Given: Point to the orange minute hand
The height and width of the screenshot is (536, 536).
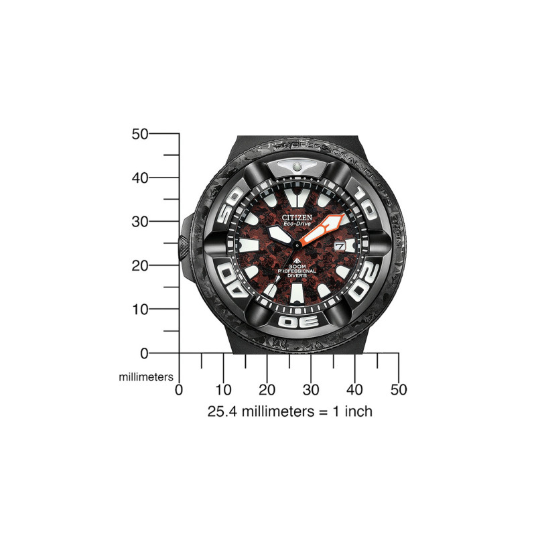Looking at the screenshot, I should tap(325, 228).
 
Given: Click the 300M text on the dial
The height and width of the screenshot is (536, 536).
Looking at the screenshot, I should tap(296, 267).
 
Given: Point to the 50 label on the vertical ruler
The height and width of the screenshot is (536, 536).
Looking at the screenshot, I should tap(139, 134).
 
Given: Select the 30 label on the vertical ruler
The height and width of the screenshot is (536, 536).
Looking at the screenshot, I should tap(139, 222).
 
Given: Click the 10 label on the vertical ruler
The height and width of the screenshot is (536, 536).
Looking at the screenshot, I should tap(139, 310).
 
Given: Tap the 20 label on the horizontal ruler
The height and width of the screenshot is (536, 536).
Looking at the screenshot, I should tap(267, 389).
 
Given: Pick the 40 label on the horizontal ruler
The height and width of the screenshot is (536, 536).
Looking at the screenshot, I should tap(354, 389).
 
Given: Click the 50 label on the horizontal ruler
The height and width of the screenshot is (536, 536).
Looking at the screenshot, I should tap(399, 389).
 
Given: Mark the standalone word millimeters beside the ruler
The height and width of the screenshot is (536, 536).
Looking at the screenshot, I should tap(146, 377).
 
